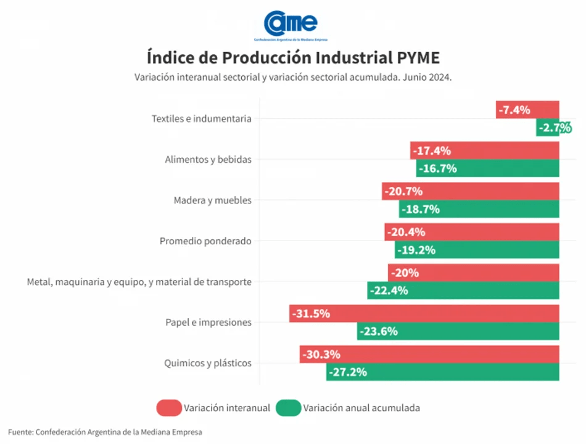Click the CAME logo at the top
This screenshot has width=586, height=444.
click(291, 25)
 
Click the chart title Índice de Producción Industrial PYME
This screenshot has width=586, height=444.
click(293, 57)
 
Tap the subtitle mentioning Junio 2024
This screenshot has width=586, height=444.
click(293, 78)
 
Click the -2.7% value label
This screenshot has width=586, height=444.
click(554, 128)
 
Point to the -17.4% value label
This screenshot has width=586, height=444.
click(432, 150)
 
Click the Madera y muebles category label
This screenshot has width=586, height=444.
click(212, 200)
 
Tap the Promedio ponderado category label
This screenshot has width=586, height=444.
click(205, 241)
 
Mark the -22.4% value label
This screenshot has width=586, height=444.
click(389, 290)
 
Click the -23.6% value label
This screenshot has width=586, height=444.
click(379, 331)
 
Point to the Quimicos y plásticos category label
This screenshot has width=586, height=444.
click(208, 363)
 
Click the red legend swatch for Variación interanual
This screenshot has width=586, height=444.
click(168, 408)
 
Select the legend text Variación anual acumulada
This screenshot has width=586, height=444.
click(361, 408)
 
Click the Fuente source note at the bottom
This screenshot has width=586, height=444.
click(105, 432)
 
